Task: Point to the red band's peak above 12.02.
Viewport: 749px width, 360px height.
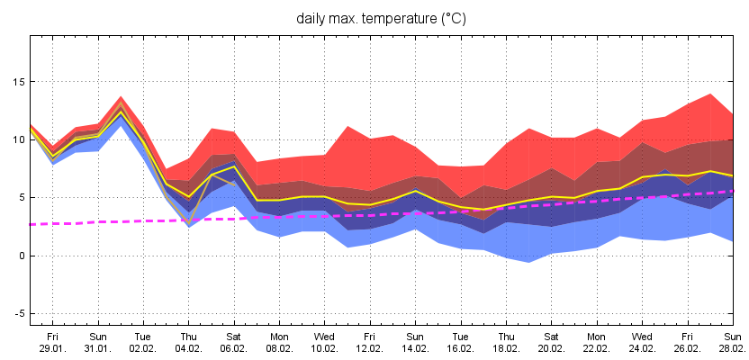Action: (347, 127)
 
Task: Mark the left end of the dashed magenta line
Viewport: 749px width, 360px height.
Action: (32, 224)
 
